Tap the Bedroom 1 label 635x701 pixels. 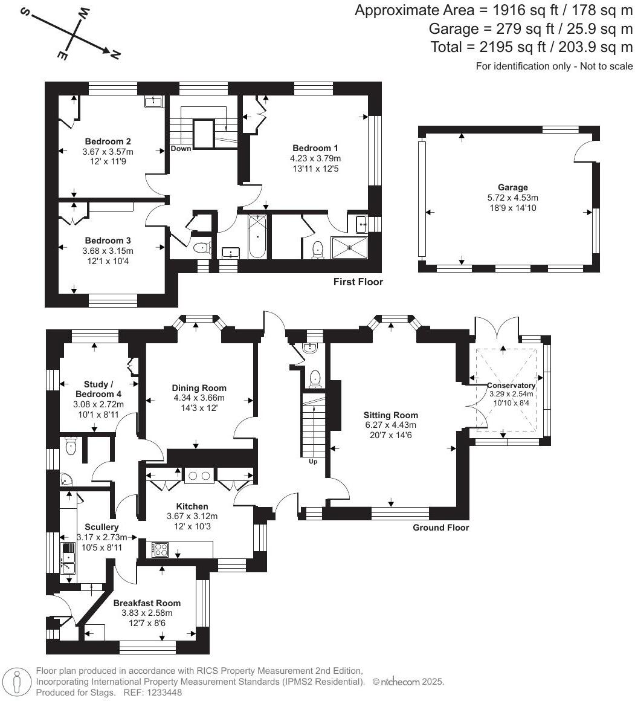(315, 148)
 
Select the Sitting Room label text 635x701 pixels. (390, 415)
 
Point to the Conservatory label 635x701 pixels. (511, 386)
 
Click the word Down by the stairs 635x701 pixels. (181, 149)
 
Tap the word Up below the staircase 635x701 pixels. (312, 462)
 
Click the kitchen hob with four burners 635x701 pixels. (161, 549)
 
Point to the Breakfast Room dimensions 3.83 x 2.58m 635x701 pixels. (147, 613)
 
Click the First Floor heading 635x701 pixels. (358, 282)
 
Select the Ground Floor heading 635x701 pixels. (440, 528)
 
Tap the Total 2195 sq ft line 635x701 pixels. (531, 47)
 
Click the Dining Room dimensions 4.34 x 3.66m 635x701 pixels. (199, 398)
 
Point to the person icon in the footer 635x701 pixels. (18, 682)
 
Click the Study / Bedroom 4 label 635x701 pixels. (98, 389)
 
